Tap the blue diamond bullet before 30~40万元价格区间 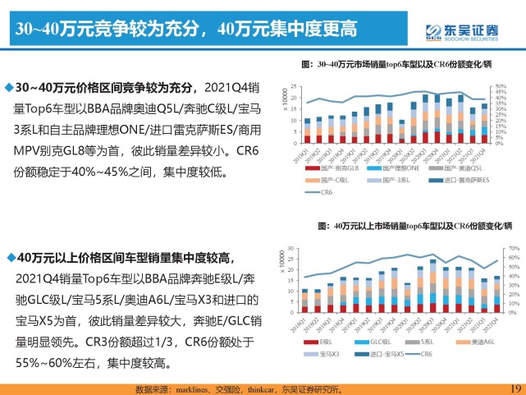[x=9, y=87]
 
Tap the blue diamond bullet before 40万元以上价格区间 [x=9, y=257]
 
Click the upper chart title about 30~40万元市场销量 [x=405, y=63]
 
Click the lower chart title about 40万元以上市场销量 [x=414, y=224]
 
